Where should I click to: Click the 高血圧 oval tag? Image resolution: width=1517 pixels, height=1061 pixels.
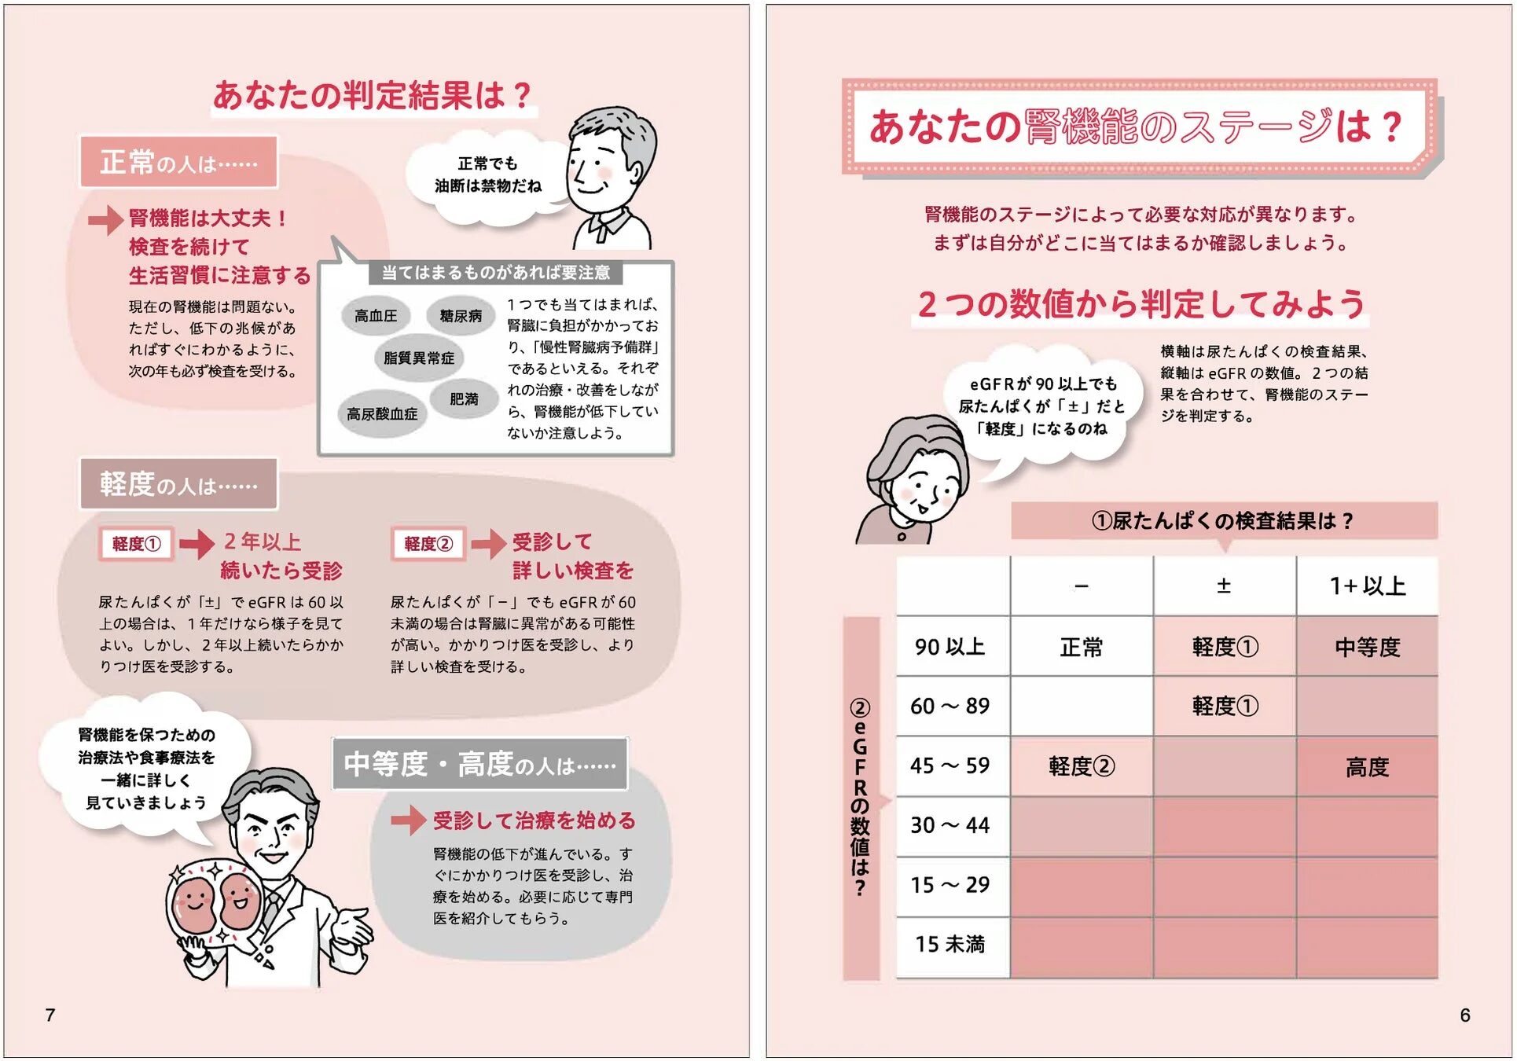(x=376, y=316)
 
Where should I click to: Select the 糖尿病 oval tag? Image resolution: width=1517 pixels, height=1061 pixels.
(x=461, y=316)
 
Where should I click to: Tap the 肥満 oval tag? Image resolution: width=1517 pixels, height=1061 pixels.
(x=464, y=399)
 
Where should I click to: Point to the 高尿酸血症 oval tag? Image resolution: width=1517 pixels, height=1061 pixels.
(x=382, y=413)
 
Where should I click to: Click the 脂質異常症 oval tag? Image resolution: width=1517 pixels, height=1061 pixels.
(x=419, y=358)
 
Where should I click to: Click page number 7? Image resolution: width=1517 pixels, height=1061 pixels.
(x=50, y=1015)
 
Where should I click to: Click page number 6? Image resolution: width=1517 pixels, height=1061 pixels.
(x=1464, y=1015)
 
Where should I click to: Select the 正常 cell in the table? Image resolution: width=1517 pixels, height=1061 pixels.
(x=1081, y=647)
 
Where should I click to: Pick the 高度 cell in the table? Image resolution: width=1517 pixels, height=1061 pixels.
(x=1367, y=766)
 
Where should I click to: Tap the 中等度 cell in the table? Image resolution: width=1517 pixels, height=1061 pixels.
(x=1367, y=647)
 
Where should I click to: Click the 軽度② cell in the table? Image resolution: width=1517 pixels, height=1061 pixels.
(x=1081, y=766)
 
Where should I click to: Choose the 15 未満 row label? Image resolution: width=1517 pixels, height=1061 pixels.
(x=950, y=944)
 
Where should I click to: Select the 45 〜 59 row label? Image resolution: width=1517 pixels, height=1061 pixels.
(x=950, y=765)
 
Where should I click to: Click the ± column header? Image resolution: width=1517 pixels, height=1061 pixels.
(x=1224, y=586)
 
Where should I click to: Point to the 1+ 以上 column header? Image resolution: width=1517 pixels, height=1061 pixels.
(x=1367, y=586)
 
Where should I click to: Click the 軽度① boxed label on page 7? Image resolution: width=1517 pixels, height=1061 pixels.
(x=137, y=544)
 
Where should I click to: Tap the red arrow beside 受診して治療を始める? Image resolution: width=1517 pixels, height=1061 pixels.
(x=408, y=821)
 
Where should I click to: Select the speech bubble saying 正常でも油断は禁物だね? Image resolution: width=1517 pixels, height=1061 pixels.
(x=487, y=175)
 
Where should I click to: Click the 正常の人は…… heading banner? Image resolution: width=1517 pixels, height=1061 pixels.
(x=178, y=163)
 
